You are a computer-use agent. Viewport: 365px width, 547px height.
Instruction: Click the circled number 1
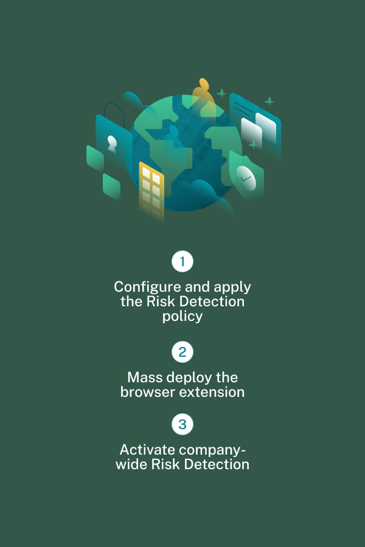(x=182, y=262)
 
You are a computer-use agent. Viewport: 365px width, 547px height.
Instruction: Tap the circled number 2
(x=182, y=352)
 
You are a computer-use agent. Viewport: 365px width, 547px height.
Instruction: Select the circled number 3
(x=182, y=424)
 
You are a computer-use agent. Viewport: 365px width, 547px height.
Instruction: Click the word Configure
(x=144, y=287)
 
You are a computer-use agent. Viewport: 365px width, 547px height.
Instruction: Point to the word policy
(x=182, y=316)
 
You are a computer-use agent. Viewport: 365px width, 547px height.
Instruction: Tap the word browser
(x=147, y=392)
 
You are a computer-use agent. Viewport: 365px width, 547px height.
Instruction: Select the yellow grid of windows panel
(x=151, y=185)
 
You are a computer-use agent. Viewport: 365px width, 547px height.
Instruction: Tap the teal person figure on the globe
(x=174, y=133)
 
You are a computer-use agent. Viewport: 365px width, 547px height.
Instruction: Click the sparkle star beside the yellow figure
(x=222, y=94)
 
